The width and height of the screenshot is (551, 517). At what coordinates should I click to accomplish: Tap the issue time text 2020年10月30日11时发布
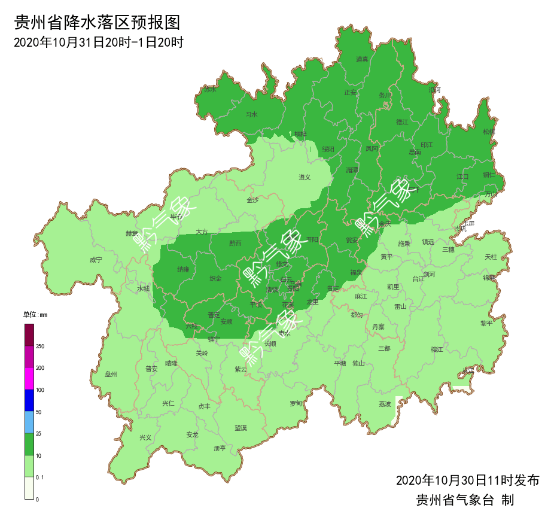[467, 480]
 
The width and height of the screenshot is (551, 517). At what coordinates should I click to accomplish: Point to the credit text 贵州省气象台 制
[465, 500]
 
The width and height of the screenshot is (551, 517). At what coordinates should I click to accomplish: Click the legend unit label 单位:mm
[35, 315]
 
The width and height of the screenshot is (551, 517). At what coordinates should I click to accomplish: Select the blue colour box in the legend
[29, 400]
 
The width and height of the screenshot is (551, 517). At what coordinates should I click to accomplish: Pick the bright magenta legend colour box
[29, 379]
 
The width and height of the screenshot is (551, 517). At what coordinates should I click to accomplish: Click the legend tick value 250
[40, 346]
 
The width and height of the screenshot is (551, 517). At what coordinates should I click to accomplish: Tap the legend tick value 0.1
[40, 477]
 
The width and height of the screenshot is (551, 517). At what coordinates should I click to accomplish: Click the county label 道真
[362, 59]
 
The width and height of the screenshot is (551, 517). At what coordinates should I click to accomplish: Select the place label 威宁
[96, 260]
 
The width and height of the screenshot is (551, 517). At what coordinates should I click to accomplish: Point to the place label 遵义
[305, 177]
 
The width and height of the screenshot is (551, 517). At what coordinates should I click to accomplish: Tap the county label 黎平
[486, 323]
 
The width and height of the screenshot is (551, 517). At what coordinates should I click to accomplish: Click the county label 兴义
[145, 437]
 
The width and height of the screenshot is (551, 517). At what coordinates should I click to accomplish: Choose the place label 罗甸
[296, 403]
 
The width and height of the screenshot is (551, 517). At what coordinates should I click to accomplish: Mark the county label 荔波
[384, 404]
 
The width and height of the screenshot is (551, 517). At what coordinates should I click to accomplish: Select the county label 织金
[215, 279]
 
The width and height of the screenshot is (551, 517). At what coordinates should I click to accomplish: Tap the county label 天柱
[491, 257]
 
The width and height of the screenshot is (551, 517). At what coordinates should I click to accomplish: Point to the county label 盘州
[111, 375]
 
